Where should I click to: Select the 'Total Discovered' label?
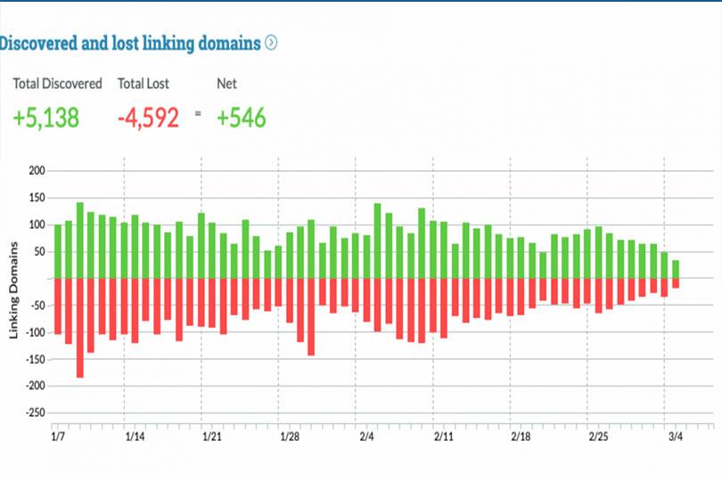[x=57, y=84]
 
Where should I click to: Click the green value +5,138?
[x=46, y=118]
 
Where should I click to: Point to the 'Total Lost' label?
[x=143, y=84]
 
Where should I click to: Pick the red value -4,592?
[x=148, y=118]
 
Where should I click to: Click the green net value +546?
[x=242, y=118]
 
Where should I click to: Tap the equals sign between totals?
[x=198, y=113]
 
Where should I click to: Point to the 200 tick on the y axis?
[x=36, y=170]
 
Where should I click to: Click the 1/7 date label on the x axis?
[x=58, y=437]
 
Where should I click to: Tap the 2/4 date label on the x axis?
[x=366, y=437]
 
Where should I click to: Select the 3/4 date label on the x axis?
[x=675, y=437]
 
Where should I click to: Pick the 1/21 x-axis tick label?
[x=212, y=437]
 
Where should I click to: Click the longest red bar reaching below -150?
[x=80, y=328]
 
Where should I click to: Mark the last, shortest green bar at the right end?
[x=676, y=269]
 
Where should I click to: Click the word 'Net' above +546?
[x=227, y=84]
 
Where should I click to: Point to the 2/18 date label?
[x=521, y=437]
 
